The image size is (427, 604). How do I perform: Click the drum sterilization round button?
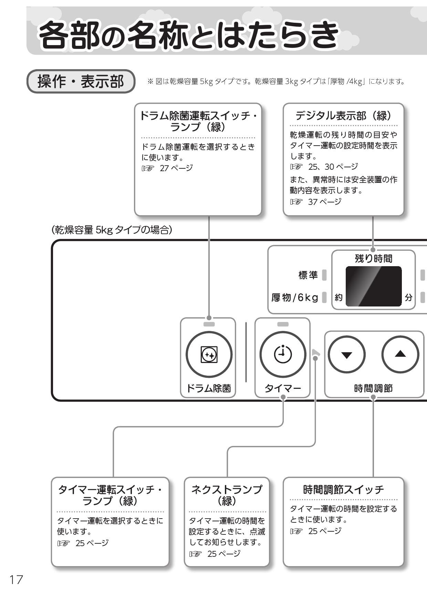coord(209,354)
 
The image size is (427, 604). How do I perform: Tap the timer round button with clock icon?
coord(283,354)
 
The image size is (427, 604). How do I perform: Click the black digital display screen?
coord(374,286)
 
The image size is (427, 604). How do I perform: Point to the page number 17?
coord(16,580)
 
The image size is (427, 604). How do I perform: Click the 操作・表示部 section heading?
coord(81,82)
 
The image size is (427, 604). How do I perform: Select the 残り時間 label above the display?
coord(374,258)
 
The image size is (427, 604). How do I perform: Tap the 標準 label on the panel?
coord(308,275)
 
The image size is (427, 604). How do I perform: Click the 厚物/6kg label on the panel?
coord(295,297)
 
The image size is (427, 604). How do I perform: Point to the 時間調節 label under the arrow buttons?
coord(374,388)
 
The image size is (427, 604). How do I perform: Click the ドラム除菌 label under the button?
coord(209,388)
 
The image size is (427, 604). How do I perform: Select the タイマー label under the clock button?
coord(283,388)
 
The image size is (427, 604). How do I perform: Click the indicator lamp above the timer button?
coord(283,324)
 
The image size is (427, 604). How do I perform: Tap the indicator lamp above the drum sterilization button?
coord(209,324)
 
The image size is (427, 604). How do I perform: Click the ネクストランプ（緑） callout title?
coord(227,495)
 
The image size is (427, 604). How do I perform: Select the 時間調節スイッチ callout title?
coord(343,489)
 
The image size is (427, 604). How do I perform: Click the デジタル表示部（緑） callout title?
coord(343,116)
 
